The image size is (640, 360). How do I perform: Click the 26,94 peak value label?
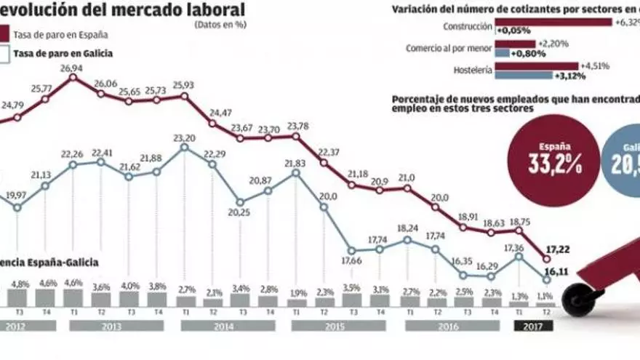click(x=71, y=68)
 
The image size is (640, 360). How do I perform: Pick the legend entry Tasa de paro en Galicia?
click(x=63, y=53)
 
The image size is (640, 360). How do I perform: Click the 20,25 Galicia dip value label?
click(x=239, y=212)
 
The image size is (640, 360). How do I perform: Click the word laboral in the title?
click(x=207, y=9)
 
